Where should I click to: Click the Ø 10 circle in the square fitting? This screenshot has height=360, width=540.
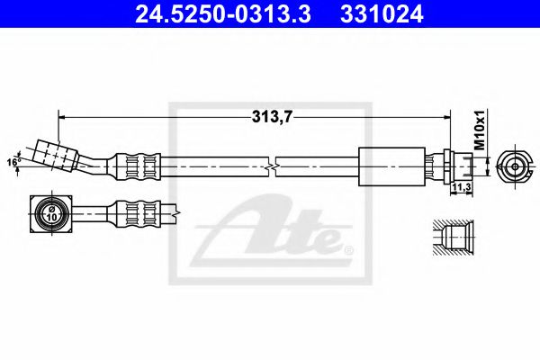(50, 214)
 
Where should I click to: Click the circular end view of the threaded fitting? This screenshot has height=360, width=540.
(515, 166)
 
